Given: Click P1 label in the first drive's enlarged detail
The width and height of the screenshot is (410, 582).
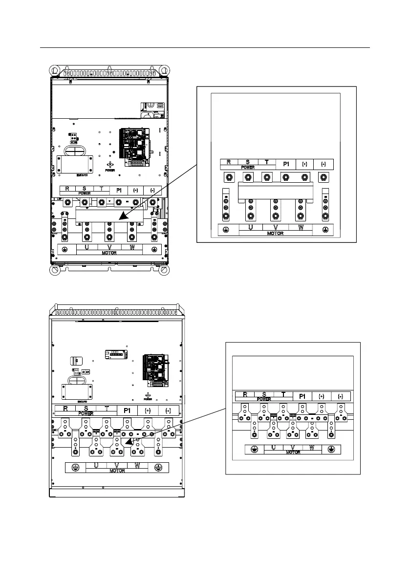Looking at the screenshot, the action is (286, 164).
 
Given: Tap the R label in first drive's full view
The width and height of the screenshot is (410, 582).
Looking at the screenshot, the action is (67, 189).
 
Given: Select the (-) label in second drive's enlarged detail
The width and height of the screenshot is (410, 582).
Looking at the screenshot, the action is (341, 396).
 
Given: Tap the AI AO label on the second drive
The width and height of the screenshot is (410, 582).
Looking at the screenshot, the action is (85, 372).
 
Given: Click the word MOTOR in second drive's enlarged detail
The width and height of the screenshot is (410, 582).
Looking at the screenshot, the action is (293, 453).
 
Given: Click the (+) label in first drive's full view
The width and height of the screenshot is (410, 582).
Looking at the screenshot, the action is (136, 190).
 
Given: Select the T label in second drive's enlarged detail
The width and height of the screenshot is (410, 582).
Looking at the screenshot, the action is (283, 394).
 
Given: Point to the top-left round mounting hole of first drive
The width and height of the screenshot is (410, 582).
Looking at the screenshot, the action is (56, 71).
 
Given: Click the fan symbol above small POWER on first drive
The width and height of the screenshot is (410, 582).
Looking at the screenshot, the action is (110, 165).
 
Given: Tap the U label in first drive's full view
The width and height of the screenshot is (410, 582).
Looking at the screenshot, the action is (87, 248).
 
